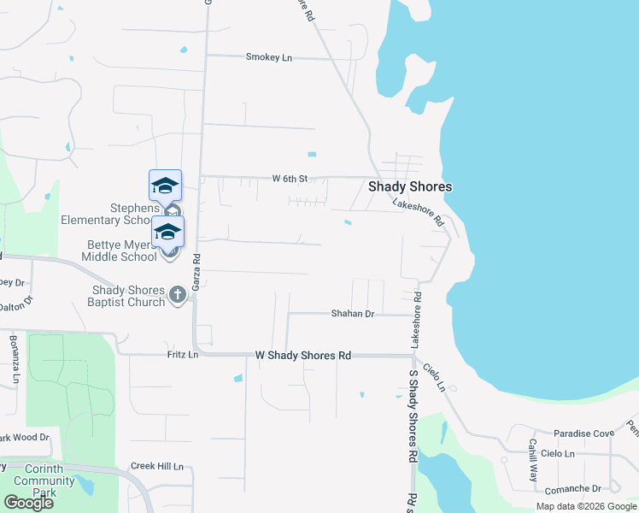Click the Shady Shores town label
(x=409, y=186)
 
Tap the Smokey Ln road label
(x=269, y=57)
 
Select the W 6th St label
(x=289, y=179)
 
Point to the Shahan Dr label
(x=353, y=314)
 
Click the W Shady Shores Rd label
(x=303, y=355)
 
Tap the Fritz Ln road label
(x=182, y=354)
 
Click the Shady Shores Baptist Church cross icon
(x=178, y=295)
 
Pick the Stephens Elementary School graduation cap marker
(x=166, y=186)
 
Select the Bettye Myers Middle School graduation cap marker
(x=168, y=232)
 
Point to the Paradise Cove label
(x=583, y=433)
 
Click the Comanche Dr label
(x=572, y=488)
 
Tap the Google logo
(x=27, y=503)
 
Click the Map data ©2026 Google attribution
(x=586, y=506)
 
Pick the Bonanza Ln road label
(x=15, y=354)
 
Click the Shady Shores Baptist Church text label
(x=128, y=296)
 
